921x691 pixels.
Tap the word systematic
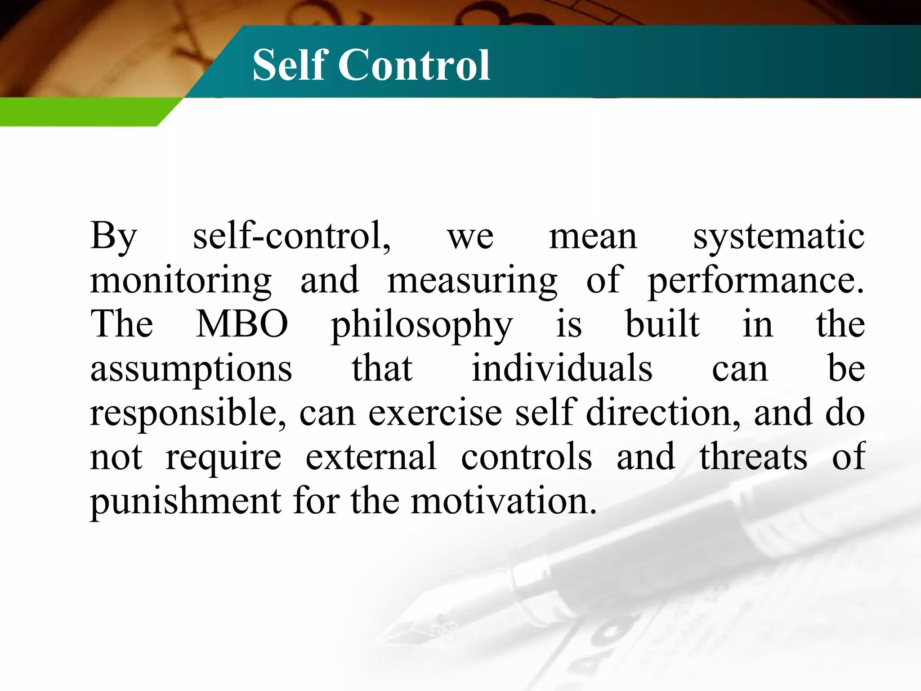tap(778, 237)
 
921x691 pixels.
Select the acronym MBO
tap(242, 324)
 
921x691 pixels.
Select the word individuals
tap(562, 368)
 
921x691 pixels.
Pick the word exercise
tap(435, 413)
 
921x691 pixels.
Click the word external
tap(371, 457)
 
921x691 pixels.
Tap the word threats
tap(753, 457)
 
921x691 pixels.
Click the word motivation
tap(504, 501)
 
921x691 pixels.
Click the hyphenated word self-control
tap(291, 236)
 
